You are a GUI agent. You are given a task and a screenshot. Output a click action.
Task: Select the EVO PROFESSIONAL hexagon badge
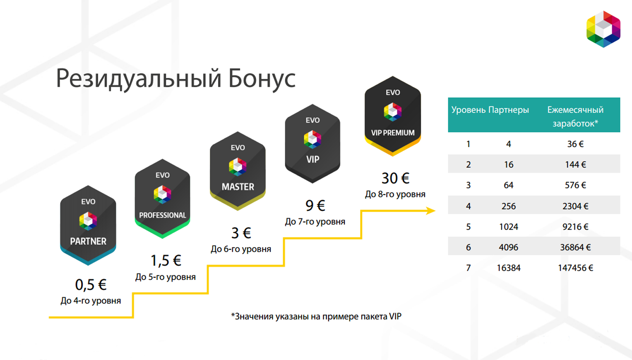point(162,198)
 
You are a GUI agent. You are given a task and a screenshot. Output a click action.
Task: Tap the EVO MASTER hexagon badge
point(238,171)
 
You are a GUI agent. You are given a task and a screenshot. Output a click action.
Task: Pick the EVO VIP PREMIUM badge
point(393,116)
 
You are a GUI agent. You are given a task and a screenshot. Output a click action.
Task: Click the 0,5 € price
point(91,285)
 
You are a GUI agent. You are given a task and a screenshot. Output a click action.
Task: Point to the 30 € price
point(395,178)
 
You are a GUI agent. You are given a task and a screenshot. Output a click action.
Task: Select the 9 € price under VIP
point(315,206)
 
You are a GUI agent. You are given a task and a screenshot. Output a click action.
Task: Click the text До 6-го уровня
point(241,249)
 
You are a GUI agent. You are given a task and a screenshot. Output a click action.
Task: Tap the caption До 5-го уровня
point(165,277)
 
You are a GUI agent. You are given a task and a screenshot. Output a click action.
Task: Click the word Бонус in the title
point(262,78)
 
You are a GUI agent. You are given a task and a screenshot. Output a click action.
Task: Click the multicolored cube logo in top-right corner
point(603,29)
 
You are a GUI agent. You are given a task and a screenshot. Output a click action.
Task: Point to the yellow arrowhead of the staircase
point(431,211)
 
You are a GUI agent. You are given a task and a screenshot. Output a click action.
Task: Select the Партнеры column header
point(509,110)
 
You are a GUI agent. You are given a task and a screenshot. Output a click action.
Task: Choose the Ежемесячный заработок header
point(575,116)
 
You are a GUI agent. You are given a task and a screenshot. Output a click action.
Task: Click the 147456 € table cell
point(575,268)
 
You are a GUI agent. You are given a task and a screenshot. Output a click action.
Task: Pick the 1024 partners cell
point(509,227)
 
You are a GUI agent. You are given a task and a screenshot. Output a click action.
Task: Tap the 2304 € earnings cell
point(575,206)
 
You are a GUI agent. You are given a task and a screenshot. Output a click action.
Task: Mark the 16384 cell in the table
point(509,268)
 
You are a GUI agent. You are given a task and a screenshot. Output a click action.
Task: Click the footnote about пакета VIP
point(316,317)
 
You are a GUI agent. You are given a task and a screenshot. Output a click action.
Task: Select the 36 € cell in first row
point(575,144)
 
